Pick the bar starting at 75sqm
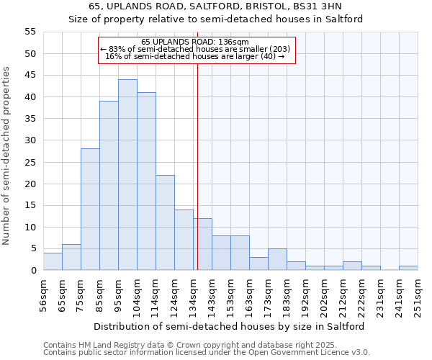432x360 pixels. coord(90,210)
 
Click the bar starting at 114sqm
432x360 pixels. coord(165,222)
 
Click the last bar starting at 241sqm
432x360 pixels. coord(408,268)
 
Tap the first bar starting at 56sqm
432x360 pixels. coord(53,261)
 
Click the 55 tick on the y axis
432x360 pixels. coord(30,32)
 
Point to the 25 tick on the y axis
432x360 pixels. coord(30,162)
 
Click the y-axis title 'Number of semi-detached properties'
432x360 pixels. coord(6,156)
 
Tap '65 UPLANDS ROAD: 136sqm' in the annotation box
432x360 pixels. coord(195,42)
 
